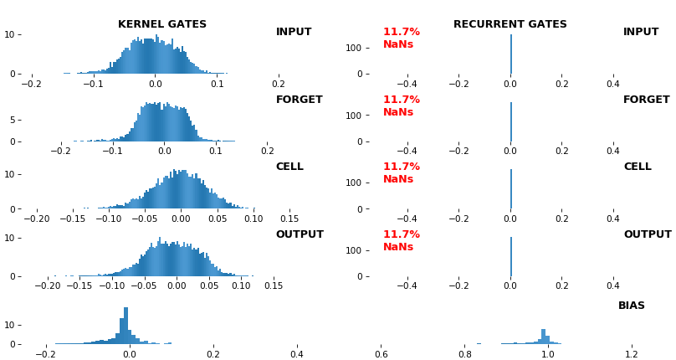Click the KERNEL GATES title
(x=162, y=24)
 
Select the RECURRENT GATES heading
(x=510, y=24)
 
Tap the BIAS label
(x=632, y=306)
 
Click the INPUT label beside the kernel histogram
(x=294, y=32)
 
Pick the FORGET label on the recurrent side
(x=646, y=100)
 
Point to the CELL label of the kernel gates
(x=289, y=167)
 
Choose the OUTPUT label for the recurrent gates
(x=647, y=234)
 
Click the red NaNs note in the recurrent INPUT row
(x=398, y=44)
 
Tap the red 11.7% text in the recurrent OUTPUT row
(x=402, y=234)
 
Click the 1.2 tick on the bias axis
(x=632, y=354)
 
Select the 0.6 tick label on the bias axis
(x=381, y=354)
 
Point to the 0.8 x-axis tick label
(x=464, y=354)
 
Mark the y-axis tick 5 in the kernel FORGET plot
(x=13, y=120)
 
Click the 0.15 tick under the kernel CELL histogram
(x=289, y=219)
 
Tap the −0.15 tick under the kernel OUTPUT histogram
(x=79, y=285)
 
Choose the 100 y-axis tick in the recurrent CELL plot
(x=351, y=183)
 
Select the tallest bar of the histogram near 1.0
(x=543, y=336)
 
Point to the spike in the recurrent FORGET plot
(x=510, y=121)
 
